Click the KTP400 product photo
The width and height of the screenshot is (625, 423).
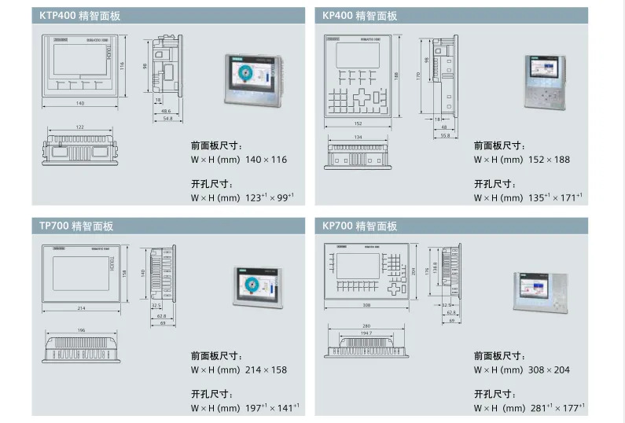(x=252, y=79)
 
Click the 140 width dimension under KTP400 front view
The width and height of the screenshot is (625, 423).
(x=80, y=104)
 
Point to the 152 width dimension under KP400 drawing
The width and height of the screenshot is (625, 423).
(x=358, y=123)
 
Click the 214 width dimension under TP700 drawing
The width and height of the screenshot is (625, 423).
(x=81, y=308)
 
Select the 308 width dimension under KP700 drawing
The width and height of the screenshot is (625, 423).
(x=366, y=305)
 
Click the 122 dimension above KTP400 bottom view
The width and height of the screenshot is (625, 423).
(x=80, y=127)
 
